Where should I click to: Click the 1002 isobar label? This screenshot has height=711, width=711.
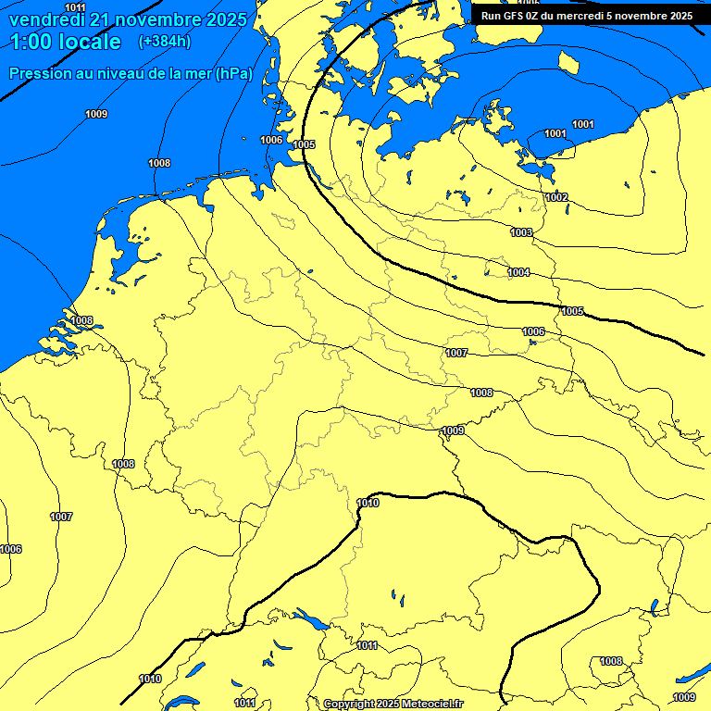tap(556, 197)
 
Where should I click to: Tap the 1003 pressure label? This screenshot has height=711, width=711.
tap(521, 232)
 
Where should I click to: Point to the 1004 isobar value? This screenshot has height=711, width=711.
tap(518, 272)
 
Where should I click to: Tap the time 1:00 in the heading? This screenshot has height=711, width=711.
tap(32, 42)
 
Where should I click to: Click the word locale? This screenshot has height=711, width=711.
tap(89, 42)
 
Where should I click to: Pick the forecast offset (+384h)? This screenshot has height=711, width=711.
tap(165, 42)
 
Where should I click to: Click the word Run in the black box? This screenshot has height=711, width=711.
tap(492, 15)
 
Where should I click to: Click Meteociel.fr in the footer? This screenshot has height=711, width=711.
tap(432, 705)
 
